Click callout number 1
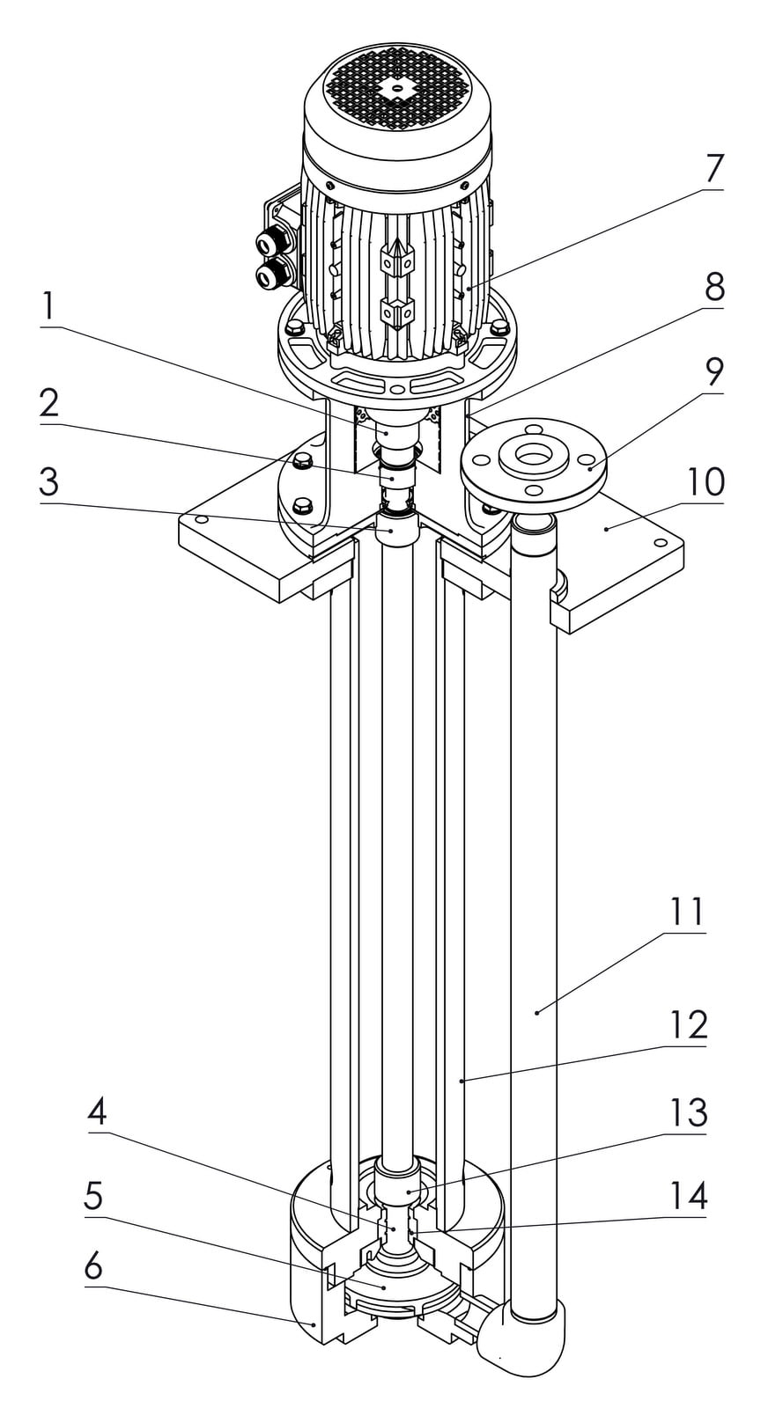(x=48, y=307)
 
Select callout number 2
(x=48, y=404)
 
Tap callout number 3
(x=48, y=483)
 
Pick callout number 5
(x=93, y=1197)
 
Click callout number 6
(x=93, y=1266)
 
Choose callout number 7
(x=713, y=168)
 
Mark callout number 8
(x=713, y=287)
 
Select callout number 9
(x=713, y=373)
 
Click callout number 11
(x=688, y=913)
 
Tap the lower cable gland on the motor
(x=269, y=276)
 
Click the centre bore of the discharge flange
(x=532, y=455)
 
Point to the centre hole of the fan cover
(x=396, y=87)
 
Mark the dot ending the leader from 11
(x=536, y=1013)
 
